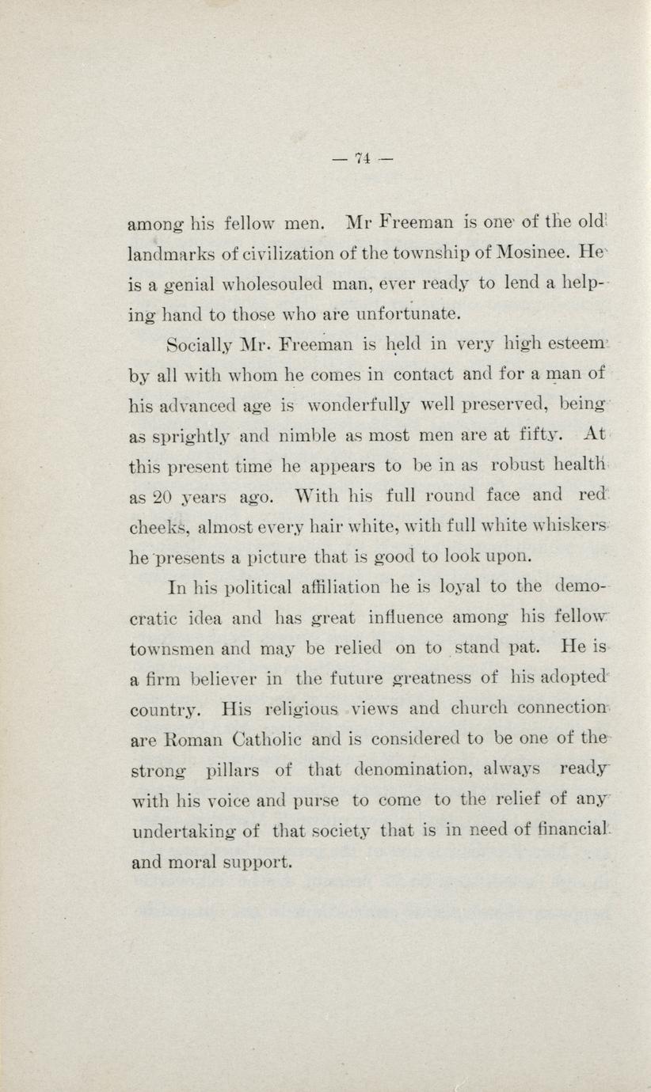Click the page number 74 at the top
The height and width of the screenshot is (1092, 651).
[364, 158]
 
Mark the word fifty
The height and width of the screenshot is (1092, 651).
[536, 434]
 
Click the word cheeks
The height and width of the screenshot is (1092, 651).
[157, 528]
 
